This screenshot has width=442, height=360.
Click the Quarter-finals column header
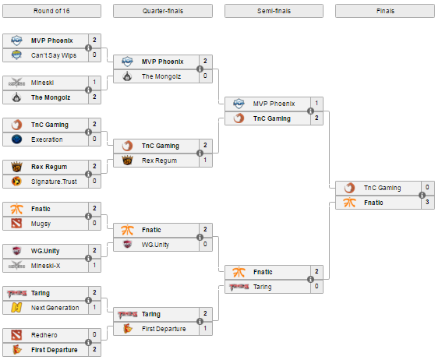[163, 11]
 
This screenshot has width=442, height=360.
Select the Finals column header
[385, 11]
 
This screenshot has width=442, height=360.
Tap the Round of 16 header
[51, 11]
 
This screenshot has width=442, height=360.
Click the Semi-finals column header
[274, 11]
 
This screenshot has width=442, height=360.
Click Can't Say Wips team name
[54, 55]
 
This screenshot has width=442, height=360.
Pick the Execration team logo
[16, 139]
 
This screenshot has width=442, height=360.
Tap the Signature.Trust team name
[54, 182]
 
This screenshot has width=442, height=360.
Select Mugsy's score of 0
[94, 223]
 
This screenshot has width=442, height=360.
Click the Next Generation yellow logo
[16, 308]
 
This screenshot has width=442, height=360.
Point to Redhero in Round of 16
[44, 335]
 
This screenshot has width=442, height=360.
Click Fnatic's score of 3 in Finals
[427, 202]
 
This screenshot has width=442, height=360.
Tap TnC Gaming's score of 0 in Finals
[427, 187]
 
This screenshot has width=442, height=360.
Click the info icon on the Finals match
[422, 195]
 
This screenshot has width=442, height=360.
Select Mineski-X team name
[45, 266]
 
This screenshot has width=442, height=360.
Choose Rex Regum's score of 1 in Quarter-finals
[205, 160]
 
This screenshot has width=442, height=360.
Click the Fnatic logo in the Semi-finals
[239, 272]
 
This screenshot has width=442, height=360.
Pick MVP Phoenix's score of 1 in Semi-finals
[316, 103]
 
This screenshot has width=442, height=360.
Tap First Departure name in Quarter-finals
[164, 329]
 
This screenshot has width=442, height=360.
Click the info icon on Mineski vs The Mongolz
[88, 90]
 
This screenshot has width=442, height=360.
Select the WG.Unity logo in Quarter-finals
[127, 244]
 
